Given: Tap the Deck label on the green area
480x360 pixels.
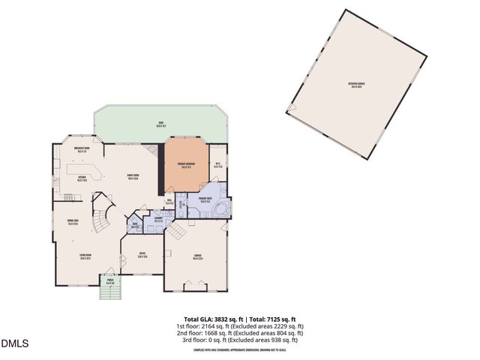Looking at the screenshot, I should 160,124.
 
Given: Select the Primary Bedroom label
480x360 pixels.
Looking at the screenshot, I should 187,164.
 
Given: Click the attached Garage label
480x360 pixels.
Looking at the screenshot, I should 197,257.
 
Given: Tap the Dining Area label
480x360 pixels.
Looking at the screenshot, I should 74,222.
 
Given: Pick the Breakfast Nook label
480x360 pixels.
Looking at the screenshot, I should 82,150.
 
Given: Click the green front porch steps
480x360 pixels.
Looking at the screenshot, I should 109,291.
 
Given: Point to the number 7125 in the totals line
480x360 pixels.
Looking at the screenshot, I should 273,319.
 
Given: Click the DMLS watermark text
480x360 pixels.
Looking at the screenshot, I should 15,344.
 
